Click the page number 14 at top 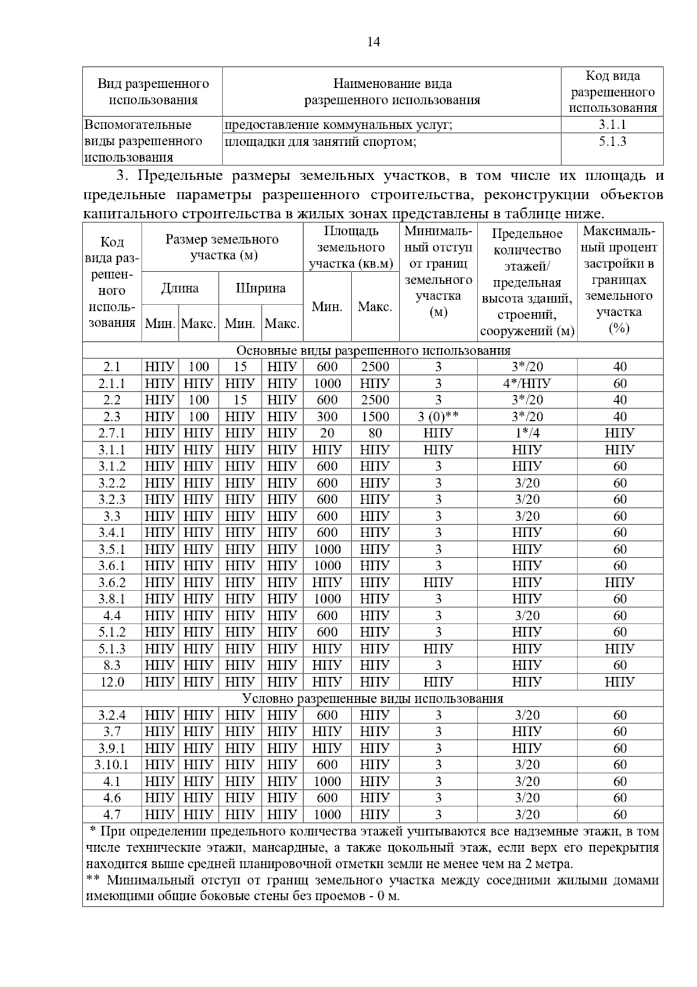coord(373,42)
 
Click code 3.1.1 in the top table coord(612,124)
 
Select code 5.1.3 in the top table coord(612,141)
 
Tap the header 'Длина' coord(179,288)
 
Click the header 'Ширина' coord(260,288)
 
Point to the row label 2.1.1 coord(112,384)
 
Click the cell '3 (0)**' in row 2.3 coord(438,417)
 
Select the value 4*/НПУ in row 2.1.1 coord(527,384)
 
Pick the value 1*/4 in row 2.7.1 coord(527,433)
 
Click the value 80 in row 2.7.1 coord(375,433)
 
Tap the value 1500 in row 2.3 coord(375,417)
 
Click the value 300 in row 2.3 coord(327,417)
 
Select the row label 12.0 coord(112,682)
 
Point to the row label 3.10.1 coord(112,765)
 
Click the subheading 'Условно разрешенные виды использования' coord(372,699)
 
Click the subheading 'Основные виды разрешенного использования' coord(372,351)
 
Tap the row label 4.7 coord(112,814)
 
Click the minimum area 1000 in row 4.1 coord(327,781)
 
